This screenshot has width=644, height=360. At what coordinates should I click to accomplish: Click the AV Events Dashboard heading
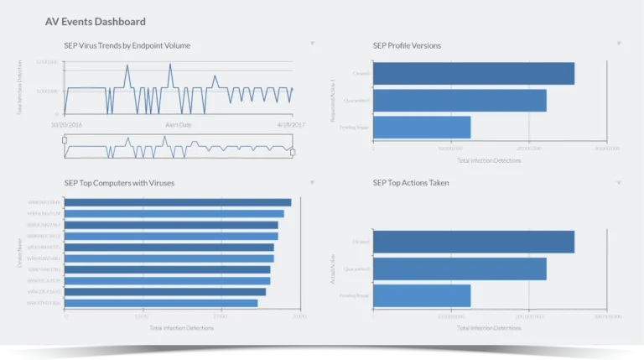coord(95,22)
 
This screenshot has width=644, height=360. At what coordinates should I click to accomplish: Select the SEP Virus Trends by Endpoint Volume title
coord(127,44)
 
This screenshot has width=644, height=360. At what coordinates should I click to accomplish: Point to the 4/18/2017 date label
coord(279,123)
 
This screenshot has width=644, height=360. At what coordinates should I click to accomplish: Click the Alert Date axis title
coord(178,123)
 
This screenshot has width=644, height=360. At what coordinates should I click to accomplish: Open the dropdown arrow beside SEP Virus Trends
coord(312,44)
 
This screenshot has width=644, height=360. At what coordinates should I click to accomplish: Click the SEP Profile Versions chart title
coord(407,44)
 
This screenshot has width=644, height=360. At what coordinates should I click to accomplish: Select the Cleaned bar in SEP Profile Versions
coord(474,73)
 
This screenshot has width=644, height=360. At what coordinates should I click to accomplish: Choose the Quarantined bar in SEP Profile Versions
coord(460,101)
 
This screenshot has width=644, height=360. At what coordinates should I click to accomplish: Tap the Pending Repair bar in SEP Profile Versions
coord(422,128)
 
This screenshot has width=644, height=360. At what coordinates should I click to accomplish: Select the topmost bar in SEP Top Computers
coord(178,202)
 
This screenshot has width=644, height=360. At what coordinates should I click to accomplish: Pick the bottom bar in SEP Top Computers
coord(161,303)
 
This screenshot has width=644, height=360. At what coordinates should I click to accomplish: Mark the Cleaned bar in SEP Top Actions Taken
coord(474,242)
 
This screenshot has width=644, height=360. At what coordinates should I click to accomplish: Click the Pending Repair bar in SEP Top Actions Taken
coord(422,295)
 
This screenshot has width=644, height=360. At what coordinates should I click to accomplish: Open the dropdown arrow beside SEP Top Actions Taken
coord(619,181)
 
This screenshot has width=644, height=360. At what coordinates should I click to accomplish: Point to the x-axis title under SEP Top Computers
coord(181,328)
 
